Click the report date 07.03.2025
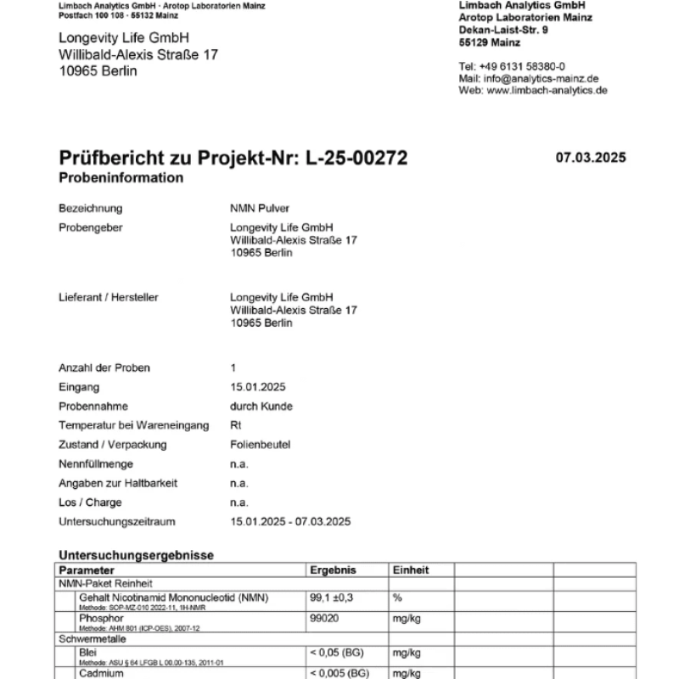click(591, 157)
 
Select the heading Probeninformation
click(121, 178)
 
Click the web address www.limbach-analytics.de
click(547, 90)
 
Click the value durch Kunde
click(261, 407)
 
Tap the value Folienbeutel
click(259, 445)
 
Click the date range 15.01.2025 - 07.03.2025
click(290, 522)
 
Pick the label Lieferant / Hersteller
click(109, 298)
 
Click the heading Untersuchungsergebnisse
click(136, 555)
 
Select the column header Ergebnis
click(334, 570)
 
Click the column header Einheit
click(411, 570)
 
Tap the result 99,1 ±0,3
click(334, 598)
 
